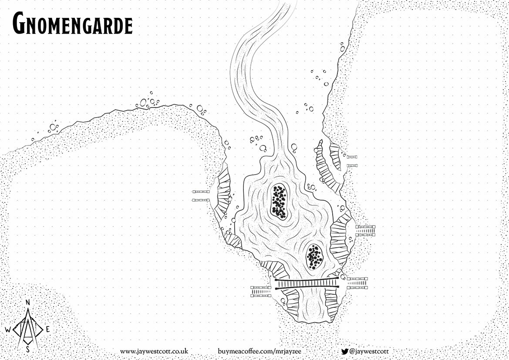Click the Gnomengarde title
point(72,24)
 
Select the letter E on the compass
point(47,330)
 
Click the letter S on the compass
point(28,349)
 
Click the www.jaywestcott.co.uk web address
point(154,351)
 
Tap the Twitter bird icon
point(344,351)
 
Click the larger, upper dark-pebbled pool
point(279,201)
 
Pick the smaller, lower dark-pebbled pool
point(314,256)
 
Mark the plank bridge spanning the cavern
point(307,283)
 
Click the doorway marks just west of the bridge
point(261,291)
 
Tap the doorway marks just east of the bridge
point(357,283)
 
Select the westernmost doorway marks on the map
point(201,196)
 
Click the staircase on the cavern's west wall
point(222,192)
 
